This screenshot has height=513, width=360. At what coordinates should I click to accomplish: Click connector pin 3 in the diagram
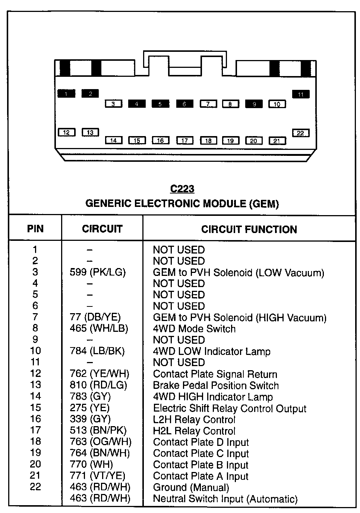tap(113, 104)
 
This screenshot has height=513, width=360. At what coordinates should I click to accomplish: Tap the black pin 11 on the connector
tap(301, 94)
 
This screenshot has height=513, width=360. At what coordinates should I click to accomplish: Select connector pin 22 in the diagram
tap(300, 133)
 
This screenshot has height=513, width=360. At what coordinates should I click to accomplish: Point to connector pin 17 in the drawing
tap(185, 141)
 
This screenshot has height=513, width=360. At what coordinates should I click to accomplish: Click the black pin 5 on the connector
tap(160, 104)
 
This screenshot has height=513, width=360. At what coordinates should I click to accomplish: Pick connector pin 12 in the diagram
tap(66, 132)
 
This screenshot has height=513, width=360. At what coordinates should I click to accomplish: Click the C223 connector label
tap(182, 189)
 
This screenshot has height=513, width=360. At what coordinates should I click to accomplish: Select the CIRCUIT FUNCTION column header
tap(249, 229)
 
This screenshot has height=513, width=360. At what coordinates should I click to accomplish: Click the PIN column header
tap(35, 229)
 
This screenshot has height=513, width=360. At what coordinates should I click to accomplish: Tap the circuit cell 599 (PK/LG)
tap(98, 273)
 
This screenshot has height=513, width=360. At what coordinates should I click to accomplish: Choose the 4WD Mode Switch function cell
tap(194, 329)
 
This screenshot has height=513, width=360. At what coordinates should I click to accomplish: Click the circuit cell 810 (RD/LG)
tap(98, 385)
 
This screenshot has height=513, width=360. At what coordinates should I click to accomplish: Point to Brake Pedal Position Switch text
tap(216, 385)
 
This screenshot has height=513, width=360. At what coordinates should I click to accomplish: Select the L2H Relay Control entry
tap(194, 419)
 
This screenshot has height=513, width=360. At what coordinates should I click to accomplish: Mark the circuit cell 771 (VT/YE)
tap(97, 476)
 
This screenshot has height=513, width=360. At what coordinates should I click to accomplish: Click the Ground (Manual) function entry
tap(191, 487)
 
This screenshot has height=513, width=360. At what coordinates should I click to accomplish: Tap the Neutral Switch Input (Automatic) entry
tap(225, 499)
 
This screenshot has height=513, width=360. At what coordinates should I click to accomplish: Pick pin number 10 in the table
tap(35, 351)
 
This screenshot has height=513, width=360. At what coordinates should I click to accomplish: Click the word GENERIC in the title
tap(108, 204)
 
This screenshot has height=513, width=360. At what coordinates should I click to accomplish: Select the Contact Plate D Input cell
tap(201, 442)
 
